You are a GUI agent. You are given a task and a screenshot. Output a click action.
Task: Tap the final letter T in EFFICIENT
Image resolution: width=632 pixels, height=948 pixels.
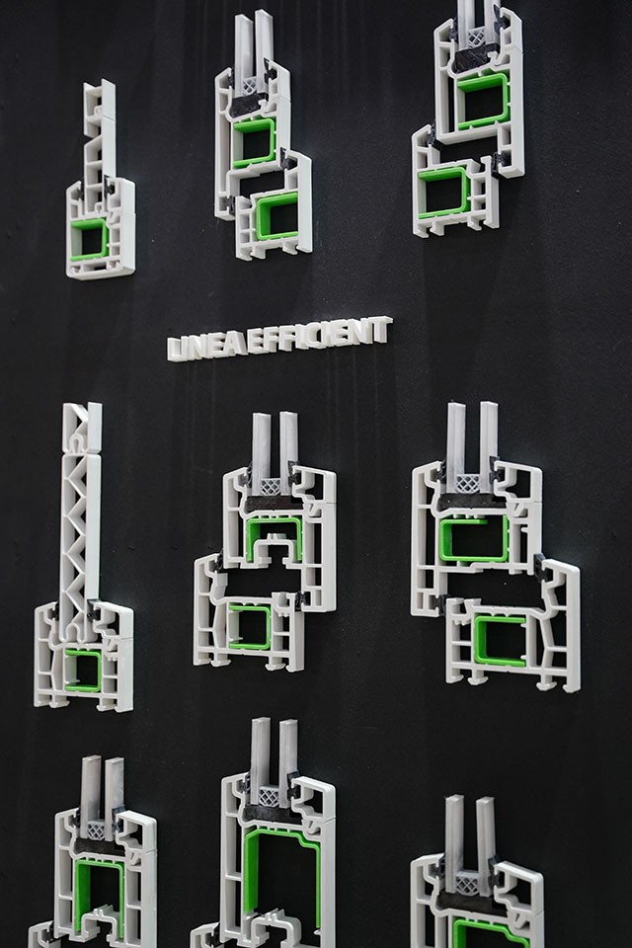click(382, 330)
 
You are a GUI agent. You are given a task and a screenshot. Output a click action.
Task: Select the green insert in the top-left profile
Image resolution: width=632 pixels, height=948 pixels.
click(89, 239)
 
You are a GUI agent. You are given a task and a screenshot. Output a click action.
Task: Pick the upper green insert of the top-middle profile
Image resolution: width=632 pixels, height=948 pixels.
click(254, 142)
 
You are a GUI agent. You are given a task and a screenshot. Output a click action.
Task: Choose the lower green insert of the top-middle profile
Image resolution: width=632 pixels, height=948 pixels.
click(276, 215)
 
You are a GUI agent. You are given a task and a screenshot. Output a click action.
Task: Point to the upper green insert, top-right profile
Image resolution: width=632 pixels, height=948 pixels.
click(483, 101)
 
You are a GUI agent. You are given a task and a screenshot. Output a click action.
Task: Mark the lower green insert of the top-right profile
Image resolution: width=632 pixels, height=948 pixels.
click(444, 193)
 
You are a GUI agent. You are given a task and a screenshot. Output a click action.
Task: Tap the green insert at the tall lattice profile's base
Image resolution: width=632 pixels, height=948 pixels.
click(83, 670)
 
